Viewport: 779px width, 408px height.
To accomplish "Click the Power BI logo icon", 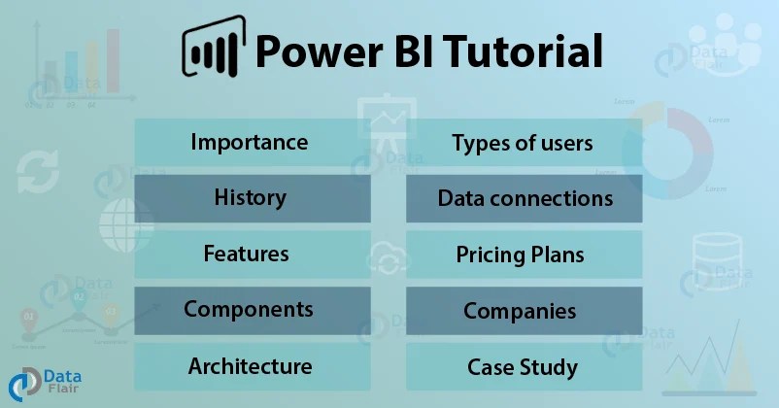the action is tap(214, 47).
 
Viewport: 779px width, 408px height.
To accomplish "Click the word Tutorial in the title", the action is tap(524, 51).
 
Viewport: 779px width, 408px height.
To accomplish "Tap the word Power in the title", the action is tap(319, 51).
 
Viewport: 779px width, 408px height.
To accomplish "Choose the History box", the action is tap(253, 198).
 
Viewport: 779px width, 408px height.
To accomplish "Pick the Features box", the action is tap(253, 254).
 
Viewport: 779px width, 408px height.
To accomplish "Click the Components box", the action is tap(253, 310).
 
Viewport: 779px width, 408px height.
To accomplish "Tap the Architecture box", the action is tap(253, 366).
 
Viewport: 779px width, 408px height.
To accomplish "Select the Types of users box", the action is tap(525, 142).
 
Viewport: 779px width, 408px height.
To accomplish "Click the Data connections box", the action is tap(525, 198).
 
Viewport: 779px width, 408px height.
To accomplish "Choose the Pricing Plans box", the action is tap(525, 254).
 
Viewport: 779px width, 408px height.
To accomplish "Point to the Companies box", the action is tap(525, 310).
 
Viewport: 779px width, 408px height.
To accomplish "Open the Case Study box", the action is tap(525, 366).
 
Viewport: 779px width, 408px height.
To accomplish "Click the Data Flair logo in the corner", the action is tap(45, 384).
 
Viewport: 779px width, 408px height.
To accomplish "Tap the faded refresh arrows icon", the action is tap(38, 172).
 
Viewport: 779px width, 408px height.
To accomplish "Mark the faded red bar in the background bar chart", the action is tap(114, 60).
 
